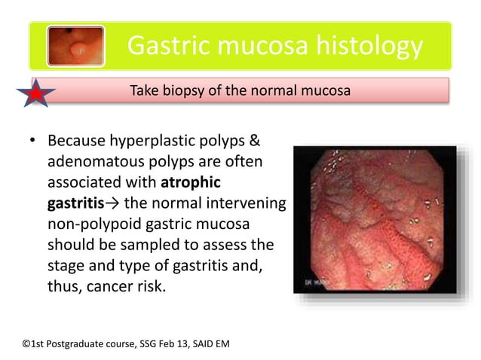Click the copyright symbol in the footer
[26, 344]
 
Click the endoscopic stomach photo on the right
[375, 219]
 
